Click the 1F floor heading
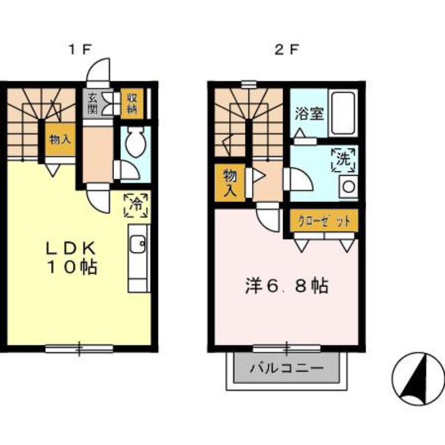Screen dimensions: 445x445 (79, 50)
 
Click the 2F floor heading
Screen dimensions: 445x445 (287, 50)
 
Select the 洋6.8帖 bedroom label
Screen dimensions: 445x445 (286, 286)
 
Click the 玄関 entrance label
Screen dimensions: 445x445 (92, 102)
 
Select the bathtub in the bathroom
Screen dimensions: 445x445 (343, 113)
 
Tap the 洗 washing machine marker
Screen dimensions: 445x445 (343, 160)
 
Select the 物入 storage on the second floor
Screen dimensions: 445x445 (230, 183)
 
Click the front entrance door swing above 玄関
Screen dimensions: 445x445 (99, 71)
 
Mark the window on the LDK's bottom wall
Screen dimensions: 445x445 (79, 349)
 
